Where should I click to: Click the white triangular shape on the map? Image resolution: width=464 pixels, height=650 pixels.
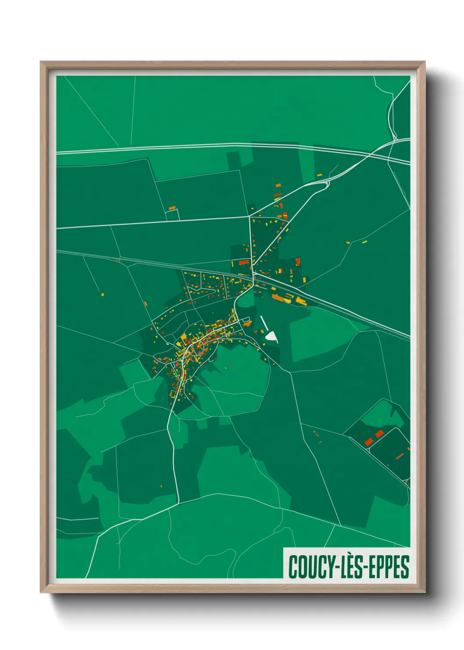[x=272, y=337]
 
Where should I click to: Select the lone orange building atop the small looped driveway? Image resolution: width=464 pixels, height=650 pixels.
[x=172, y=208]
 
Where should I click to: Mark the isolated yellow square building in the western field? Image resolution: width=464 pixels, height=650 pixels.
[x=102, y=294]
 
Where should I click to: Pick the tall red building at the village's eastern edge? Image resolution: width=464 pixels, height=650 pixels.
[x=298, y=262]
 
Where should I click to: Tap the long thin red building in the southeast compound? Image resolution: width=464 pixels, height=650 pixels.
[x=400, y=456]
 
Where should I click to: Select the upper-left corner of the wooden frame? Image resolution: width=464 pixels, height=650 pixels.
[x=41, y=62]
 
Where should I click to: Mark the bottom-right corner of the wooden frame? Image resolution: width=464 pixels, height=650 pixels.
[x=425, y=592]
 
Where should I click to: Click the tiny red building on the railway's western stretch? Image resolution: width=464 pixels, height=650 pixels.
[x=117, y=260]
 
